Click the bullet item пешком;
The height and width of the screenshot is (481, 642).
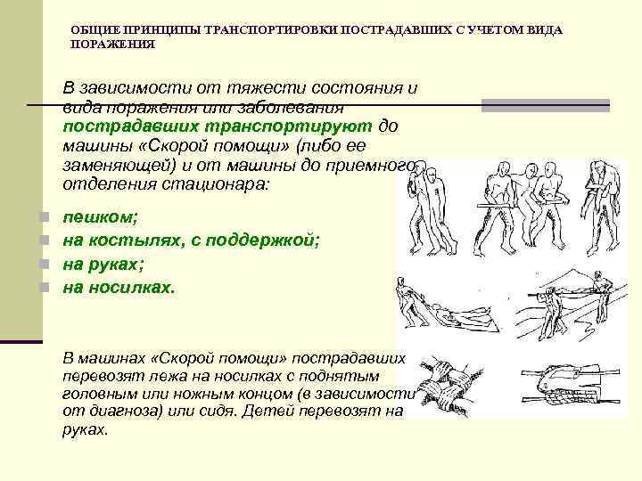(x=93, y=217)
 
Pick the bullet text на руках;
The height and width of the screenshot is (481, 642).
(x=103, y=265)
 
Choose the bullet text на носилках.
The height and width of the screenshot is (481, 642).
(x=119, y=288)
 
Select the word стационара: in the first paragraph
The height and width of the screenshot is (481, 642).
(x=227, y=184)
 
